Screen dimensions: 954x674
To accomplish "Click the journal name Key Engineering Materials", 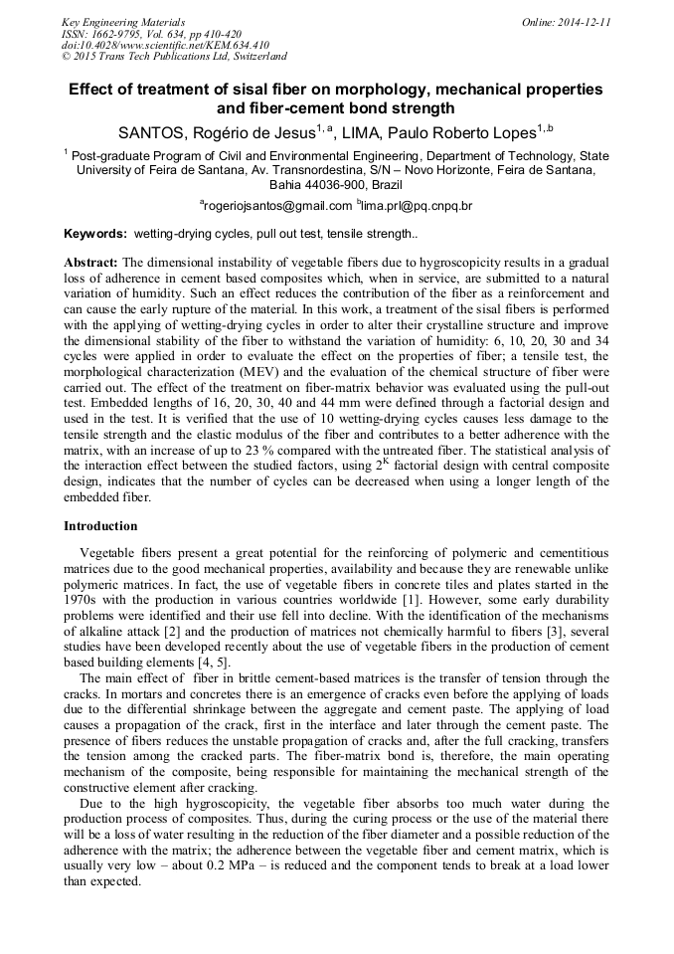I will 122,22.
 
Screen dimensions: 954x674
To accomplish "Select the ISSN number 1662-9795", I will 118,34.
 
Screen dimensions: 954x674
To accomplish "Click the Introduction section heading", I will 100,525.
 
